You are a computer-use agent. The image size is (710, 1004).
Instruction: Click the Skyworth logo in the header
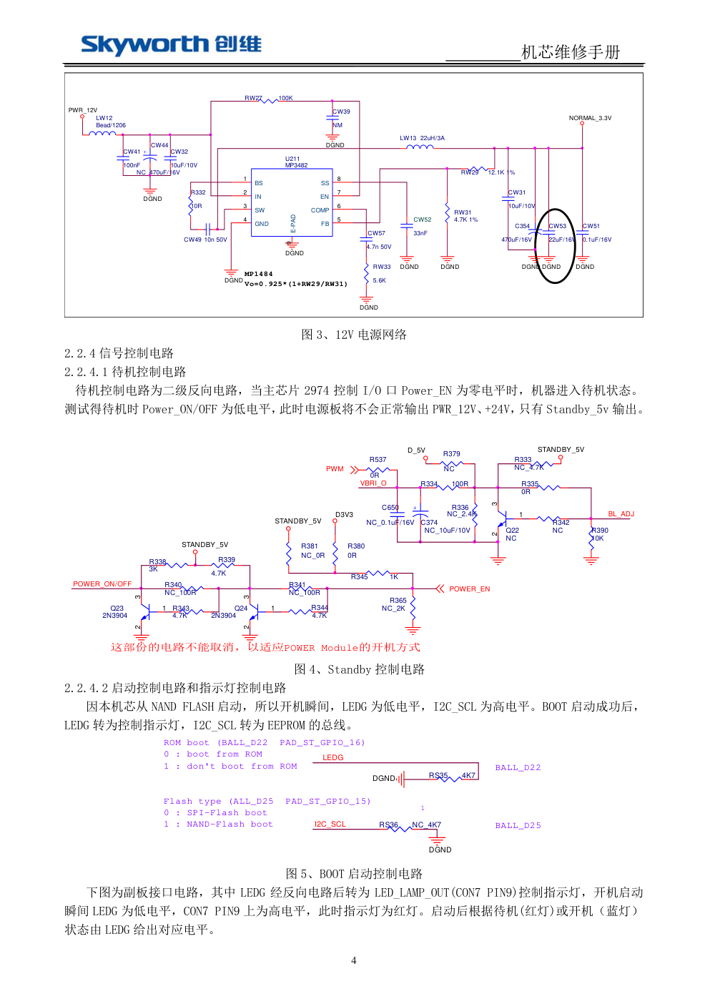click(171, 44)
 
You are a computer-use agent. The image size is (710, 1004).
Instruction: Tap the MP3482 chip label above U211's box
click(296, 165)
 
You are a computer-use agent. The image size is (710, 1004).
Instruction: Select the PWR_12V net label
click(83, 110)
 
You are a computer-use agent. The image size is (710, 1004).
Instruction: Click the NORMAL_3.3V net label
click(590, 118)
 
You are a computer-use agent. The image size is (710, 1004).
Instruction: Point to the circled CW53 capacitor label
click(557, 226)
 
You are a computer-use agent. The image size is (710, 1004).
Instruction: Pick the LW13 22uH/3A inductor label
click(422, 138)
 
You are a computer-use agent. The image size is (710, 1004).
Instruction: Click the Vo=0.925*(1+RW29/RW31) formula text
click(296, 284)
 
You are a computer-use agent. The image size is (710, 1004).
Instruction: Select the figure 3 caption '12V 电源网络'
click(354, 335)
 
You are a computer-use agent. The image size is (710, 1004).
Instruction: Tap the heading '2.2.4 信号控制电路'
click(119, 353)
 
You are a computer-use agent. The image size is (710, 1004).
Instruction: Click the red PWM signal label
click(335, 469)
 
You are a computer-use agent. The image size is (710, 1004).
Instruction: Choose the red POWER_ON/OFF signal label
click(102, 584)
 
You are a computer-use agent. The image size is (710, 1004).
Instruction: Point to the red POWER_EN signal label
click(469, 589)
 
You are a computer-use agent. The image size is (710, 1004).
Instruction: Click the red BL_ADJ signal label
click(621, 514)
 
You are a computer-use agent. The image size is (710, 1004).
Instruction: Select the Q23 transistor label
click(117, 609)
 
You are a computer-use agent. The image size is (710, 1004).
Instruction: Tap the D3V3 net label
click(344, 515)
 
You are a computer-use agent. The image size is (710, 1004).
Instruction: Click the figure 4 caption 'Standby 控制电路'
click(359, 669)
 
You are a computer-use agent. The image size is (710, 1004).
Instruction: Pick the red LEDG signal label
click(332, 758)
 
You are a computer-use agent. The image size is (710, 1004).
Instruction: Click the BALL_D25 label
click(518, 826)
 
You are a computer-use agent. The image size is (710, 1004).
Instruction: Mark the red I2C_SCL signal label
click(330, 825)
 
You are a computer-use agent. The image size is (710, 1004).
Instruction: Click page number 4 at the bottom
click(353, 960)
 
